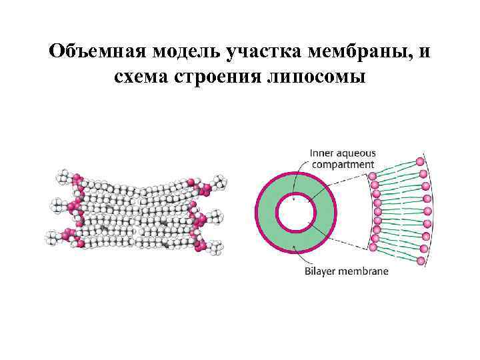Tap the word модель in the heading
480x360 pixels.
click(189, 52)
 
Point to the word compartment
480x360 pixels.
click(342, 164)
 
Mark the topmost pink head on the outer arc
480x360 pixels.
click(420, 161)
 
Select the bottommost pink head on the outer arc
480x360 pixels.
click(420, 261)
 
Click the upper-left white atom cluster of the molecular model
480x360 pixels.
click(64, 177)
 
